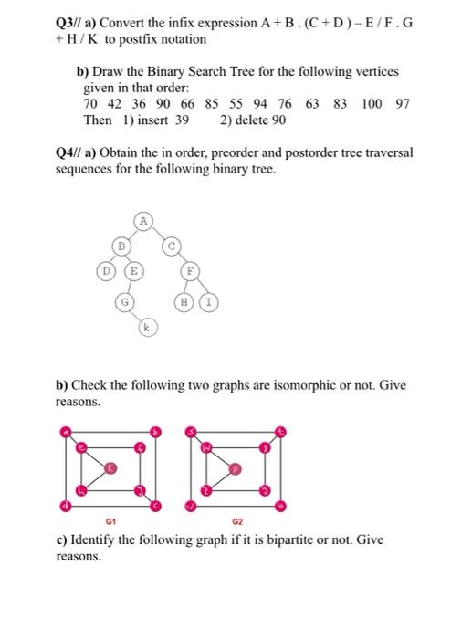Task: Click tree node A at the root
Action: pyautogui.click(x=143, y=219)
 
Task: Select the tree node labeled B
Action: pyautogui.click(x=120, y=245)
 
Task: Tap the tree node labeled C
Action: pyautogui.click(x=169, y=245)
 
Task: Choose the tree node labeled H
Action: pyautogui.click(x=187, y=301)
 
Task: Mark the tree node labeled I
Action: pyautogui.click(x=208, y=301)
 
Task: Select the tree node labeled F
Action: pyautogui.click(x=190, y=271)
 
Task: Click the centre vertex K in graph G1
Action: pyautogui.click(x=110, y=467)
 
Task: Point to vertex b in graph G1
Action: pyautogui.click(x=156, y=430)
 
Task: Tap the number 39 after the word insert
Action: pyautogui.click(x=182, y=120)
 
